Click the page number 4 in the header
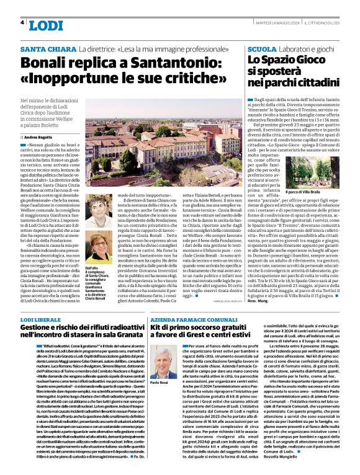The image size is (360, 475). [22, 23]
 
